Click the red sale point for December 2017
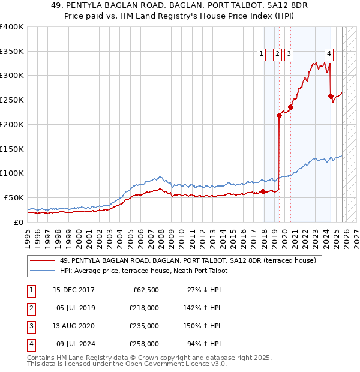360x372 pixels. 263,191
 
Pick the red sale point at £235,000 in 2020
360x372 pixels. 290,107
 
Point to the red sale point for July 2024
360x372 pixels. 331,95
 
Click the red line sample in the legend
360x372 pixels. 43,260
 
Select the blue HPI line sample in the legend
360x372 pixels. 43,271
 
